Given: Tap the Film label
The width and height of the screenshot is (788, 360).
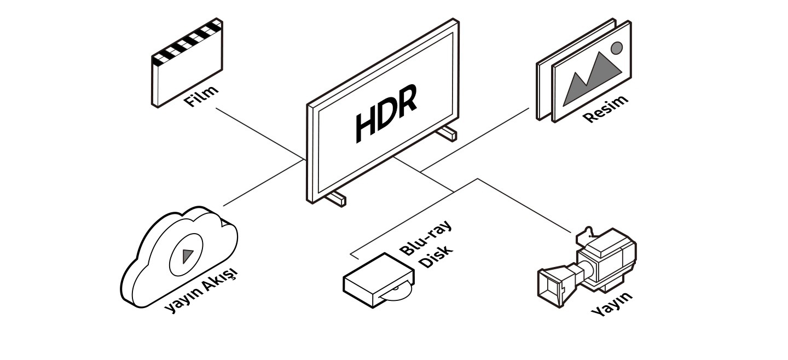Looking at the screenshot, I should coord(200,96).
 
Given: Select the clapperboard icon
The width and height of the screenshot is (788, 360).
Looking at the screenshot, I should coord(187,68).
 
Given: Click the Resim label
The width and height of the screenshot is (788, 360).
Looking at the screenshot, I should coord(605,108).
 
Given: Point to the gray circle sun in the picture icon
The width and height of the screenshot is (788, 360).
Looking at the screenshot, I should coord(617,48).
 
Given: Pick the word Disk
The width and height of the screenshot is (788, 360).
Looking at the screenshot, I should coord(436,256).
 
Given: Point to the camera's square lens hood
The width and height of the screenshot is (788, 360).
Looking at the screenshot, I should coord(554,286).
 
